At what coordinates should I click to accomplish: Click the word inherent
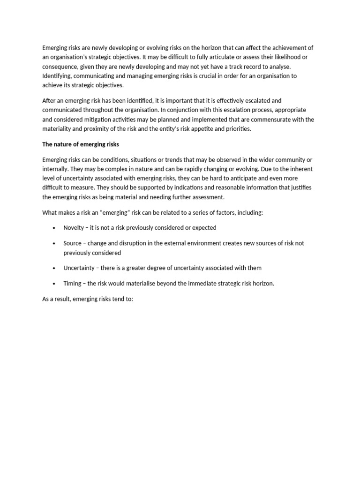[300, 169]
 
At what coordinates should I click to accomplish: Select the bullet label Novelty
[74, 228]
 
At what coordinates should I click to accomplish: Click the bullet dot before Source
[53, 244]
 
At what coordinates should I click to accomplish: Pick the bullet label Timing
[72, 284]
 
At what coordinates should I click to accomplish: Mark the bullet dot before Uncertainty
[53, 268]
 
